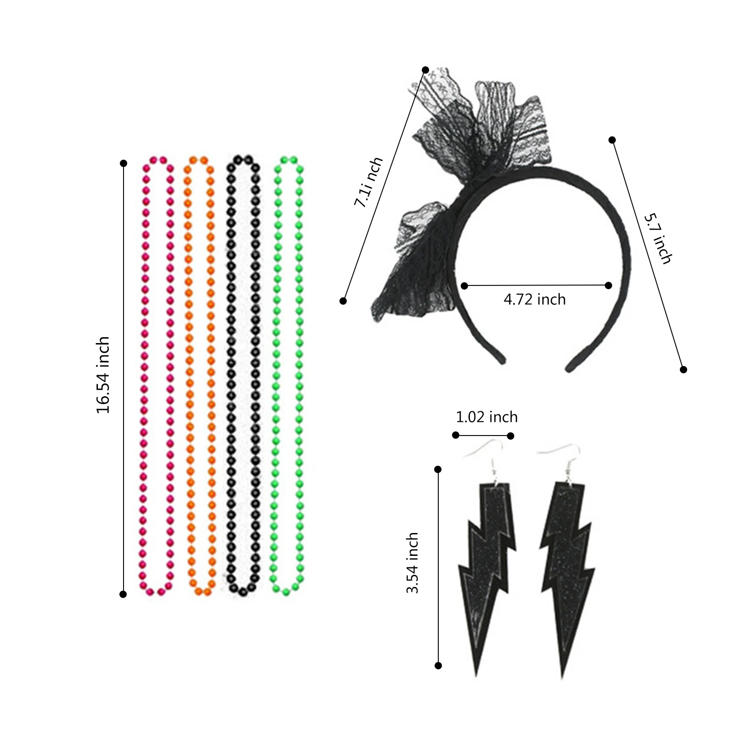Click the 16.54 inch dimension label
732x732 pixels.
tap(103, 375)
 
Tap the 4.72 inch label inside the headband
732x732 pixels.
tap(534, 300)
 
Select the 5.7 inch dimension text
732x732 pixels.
tap(658, 239)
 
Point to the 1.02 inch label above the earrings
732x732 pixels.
tap(487, 417)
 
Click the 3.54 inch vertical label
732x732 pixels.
tap(412, 563)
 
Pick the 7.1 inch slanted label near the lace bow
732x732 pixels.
tap(368, 182)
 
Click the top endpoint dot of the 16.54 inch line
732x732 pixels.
tap(123, 163)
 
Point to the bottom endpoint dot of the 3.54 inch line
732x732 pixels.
tap(438, 666)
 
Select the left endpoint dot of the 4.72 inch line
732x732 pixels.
tap(464, 286)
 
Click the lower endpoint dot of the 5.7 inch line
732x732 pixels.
tap(684, 370)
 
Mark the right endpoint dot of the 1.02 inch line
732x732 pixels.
tap(511, 436)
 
